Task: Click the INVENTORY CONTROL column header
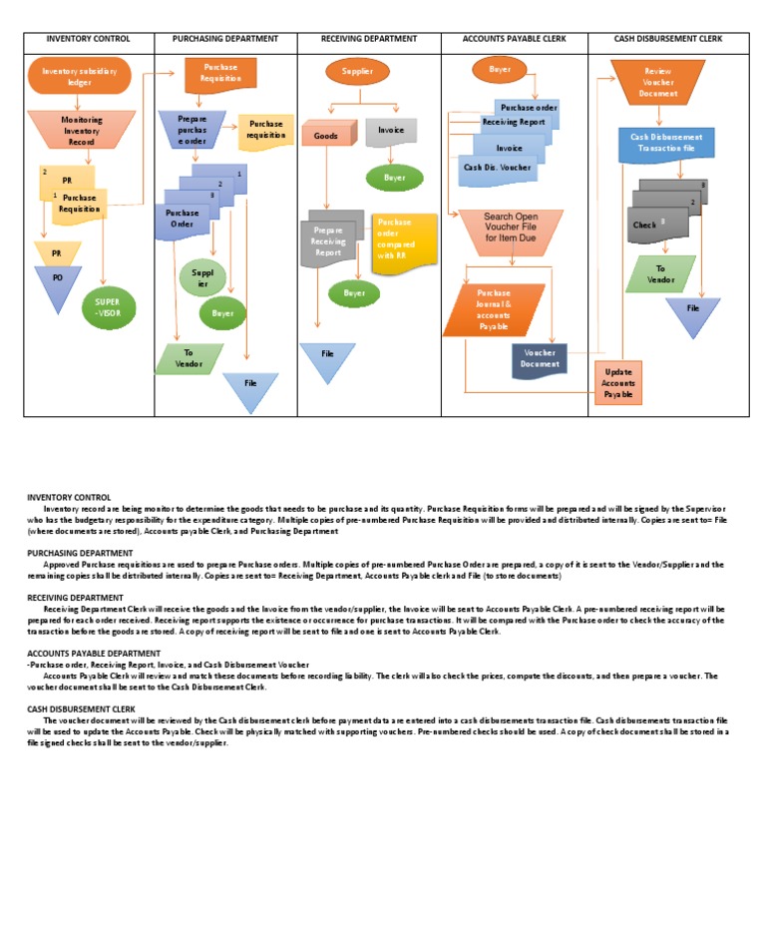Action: click(89, 39)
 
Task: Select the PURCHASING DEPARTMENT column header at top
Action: click(225, 39)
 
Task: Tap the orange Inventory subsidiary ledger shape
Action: click(79, 76)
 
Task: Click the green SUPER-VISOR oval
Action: click(107, 306)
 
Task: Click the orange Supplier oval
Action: click(357, 72)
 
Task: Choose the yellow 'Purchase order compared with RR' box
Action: click(403, 239)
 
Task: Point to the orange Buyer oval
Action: click(500, 70)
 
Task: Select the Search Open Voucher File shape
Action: click(510, 229)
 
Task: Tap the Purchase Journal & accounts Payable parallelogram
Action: click(494, 309)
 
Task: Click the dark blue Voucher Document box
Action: click(540, 359)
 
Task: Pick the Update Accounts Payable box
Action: click(618, 383)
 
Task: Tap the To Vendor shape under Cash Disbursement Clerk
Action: click(660, 273)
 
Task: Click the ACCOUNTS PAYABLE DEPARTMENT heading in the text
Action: click(94, 654)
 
